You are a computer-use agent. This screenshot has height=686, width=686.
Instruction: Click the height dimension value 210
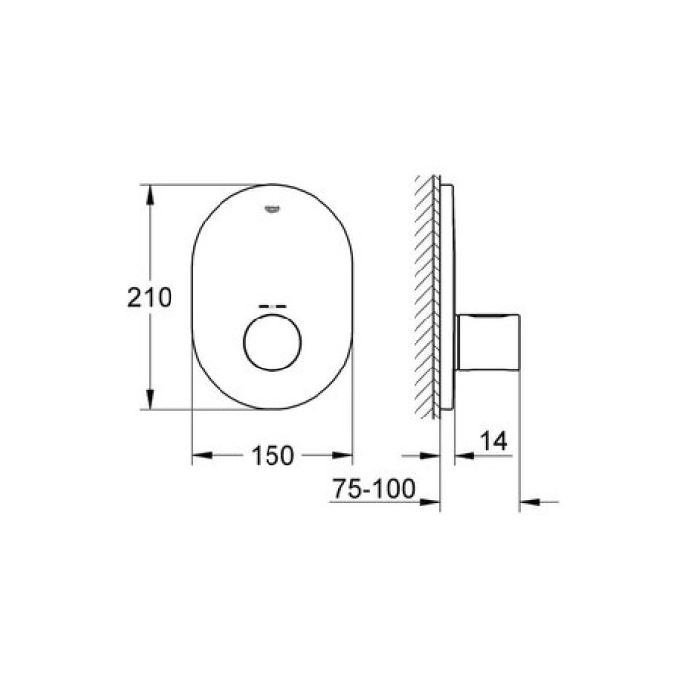pyautogui.click(x=150, y=297)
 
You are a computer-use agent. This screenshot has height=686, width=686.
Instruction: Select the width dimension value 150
pyautogui.click(x=271, y=455)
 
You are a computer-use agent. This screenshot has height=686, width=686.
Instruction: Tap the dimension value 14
pyautogui.click(x=496, y=443)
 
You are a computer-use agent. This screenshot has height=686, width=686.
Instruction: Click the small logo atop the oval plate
pyautogui.click(x=271, y=205)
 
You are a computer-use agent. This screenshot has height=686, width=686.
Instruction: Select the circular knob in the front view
pyautogui.click(x=271, y=345)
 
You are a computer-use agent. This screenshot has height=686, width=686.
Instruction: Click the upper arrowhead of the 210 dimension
pyautogui.click(x=150, y=192)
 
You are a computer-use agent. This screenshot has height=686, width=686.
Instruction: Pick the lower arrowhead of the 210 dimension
pyautogui.click(x=150, y=401)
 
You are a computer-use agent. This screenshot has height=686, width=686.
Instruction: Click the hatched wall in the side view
pyautogui.click(x=427, y=294)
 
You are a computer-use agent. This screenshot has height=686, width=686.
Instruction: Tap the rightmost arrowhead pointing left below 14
pyautogui.click(x=530, y=503)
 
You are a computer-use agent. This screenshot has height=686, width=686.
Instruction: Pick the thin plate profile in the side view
pyautogui.click(x=447, y=294)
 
